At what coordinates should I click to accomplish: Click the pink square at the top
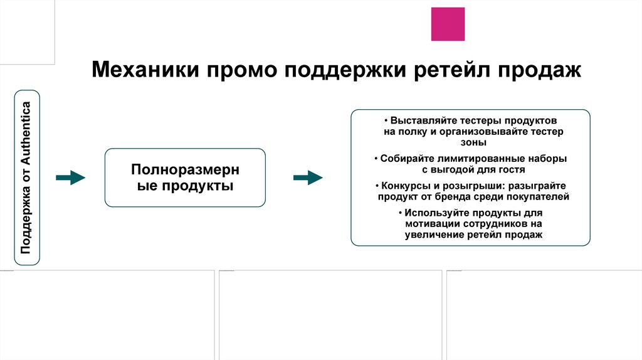tap(448, 24)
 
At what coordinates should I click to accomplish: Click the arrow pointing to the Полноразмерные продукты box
tap(70, 177)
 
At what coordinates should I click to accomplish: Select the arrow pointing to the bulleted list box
tap(308, 177)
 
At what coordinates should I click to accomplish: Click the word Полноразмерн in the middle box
tap(185, 169)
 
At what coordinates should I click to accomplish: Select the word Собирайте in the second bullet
tap(406, 159)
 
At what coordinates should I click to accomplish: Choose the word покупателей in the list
tap(537, 196)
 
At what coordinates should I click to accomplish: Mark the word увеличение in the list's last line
tap(434, 234)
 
